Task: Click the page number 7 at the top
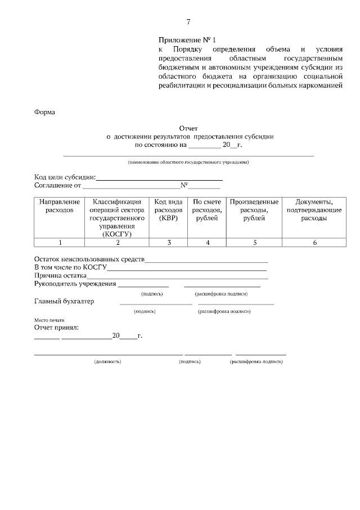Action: point(188,22)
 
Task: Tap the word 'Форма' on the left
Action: point(45,112)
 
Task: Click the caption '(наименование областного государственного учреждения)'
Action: point(188,162)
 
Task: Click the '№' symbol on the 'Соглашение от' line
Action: point(183,185)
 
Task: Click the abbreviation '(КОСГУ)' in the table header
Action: point(117,234)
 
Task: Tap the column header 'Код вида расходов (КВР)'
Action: point(168,210)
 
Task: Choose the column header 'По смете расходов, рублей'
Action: point(207,210)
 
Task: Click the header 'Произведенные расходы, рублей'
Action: point(254,210)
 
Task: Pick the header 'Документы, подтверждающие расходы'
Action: point(314,210)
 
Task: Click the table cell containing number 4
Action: point(207,243)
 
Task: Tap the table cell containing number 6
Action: point(314,243)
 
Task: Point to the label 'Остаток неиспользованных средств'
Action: point(89,260)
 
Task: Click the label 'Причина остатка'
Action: point(60,276)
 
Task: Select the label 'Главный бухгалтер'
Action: point(64,301)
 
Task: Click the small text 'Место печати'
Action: point(46,319)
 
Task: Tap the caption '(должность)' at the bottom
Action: point(107,361)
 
